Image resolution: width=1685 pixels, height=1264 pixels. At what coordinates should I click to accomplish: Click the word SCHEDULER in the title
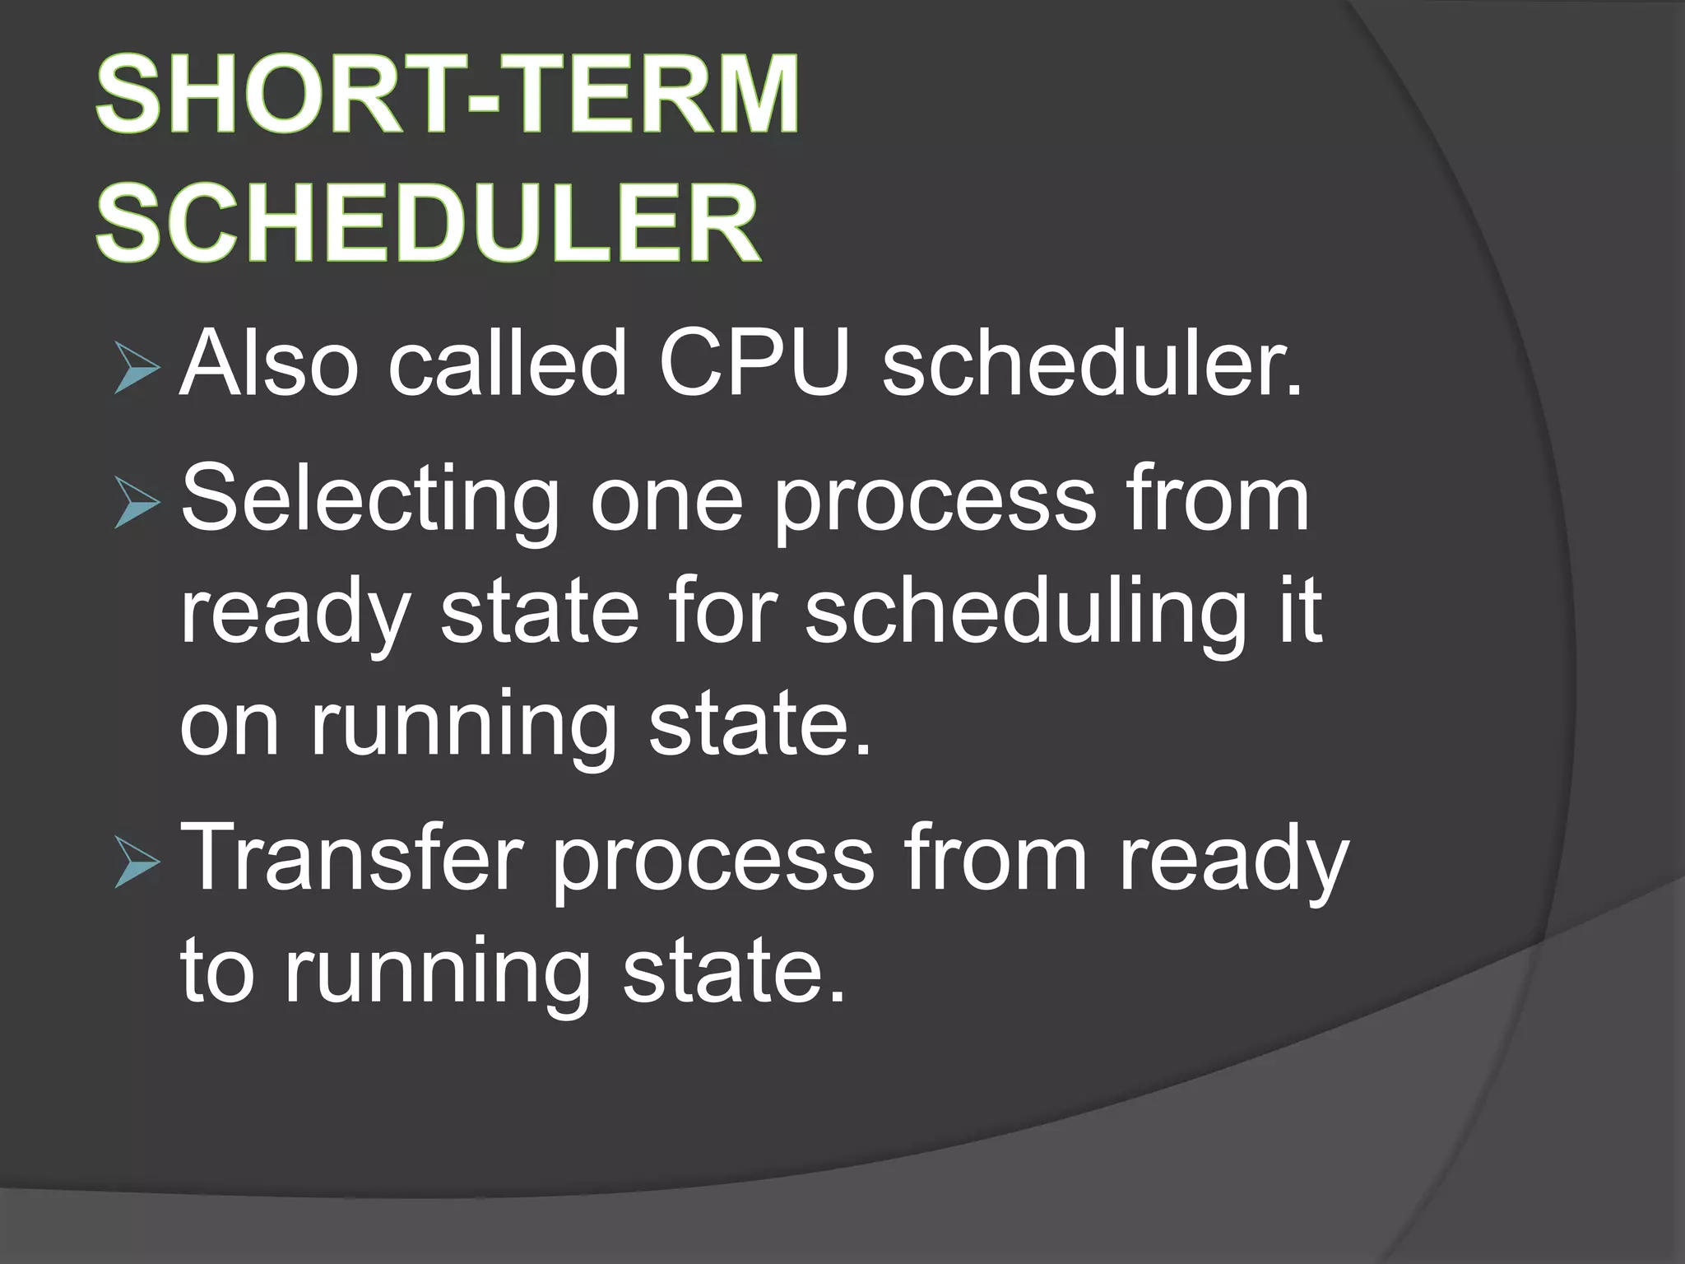[428, 224]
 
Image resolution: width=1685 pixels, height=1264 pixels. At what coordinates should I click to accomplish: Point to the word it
[1299, 613]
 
